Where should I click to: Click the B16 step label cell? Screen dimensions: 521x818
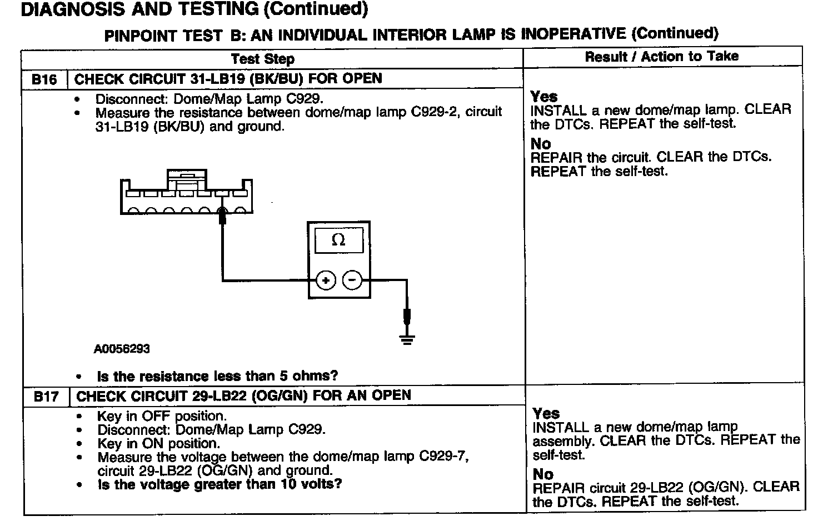pos(44,79)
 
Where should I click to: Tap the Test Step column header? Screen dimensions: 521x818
pos(262,58)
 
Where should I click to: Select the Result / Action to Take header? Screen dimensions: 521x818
pos(661,56)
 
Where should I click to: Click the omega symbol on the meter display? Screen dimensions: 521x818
pos(338,241)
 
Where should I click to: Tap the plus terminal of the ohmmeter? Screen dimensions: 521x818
pos(325,280)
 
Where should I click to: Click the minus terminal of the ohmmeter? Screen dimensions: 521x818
pos(352,280)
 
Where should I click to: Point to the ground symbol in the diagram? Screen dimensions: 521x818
pos(407,339)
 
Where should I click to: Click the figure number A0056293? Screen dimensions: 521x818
pos(122,349)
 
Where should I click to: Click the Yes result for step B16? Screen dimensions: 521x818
pos(543,96)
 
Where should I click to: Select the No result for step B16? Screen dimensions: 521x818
pos(540,144)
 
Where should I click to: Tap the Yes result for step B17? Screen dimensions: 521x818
pos(546,413)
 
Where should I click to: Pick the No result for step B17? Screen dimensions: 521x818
pos(543,474)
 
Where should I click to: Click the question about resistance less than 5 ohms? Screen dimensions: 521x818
pos(217,376)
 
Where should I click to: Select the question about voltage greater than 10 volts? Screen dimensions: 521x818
pos(220,484)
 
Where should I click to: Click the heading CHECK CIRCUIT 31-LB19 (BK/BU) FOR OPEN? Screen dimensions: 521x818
pos(228,78)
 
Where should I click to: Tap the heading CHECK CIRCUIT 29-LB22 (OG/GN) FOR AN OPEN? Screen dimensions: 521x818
pos(243,395)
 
